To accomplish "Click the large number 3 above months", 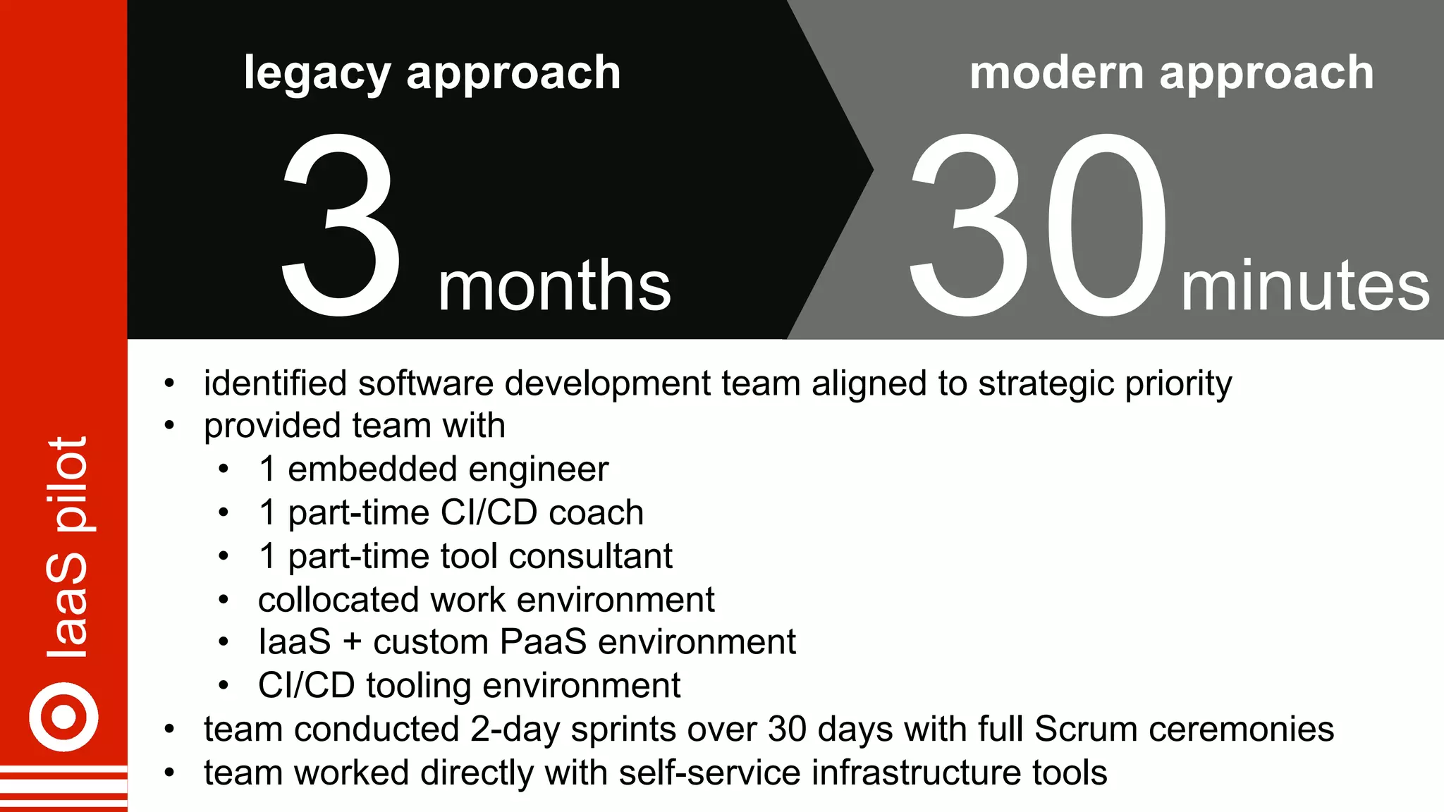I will [x=341, y=224].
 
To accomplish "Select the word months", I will [x=554, y=286].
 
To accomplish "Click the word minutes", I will [x=1305, y=286].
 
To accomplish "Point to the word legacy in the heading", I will [x=317, y=73].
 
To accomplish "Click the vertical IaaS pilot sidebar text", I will [x=67, y=547].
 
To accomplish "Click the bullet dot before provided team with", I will [x=169, y=426].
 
